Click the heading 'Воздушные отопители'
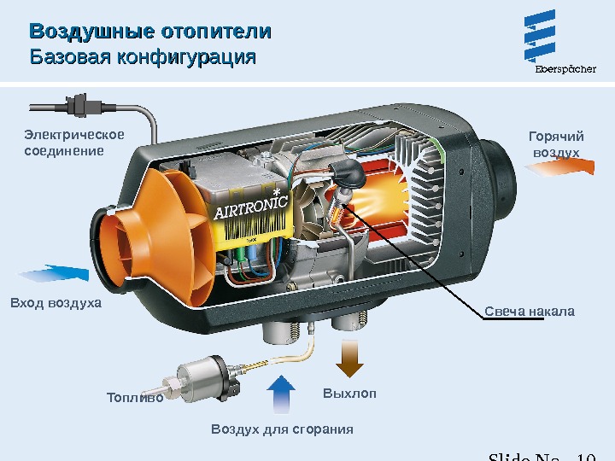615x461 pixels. pyautogui.click(x=150, y=32)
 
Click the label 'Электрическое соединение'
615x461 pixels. pyautogui.click(x=73, y=143)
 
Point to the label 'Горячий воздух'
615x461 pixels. pyautogui.click(x=556, y=144)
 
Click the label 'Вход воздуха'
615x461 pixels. pyautogui.click(x=56, y=303)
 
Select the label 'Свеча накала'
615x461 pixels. pyautogui.click(x=530, y=311)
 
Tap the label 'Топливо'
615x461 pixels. pyautogui.click(x=134, y=397)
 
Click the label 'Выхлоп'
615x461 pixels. pyautogui.click(x=349, y=394)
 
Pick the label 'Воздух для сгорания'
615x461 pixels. pyautogui.click(x=282, y=429)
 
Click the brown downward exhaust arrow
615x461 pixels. pyautogui.click(x=349, y=358)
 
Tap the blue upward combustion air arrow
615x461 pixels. pyautogui.click(x=281, y=394)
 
